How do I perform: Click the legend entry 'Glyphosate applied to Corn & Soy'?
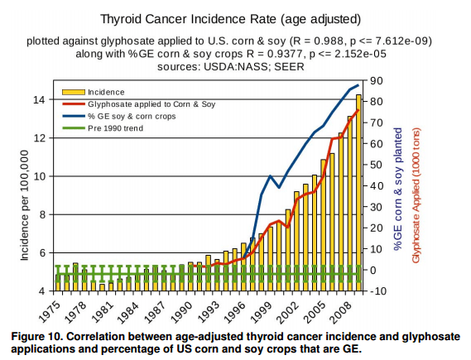(x=149, y=104)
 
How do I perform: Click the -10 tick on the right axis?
(x=378, y=291)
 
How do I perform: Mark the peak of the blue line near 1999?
(x=270, y=175)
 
